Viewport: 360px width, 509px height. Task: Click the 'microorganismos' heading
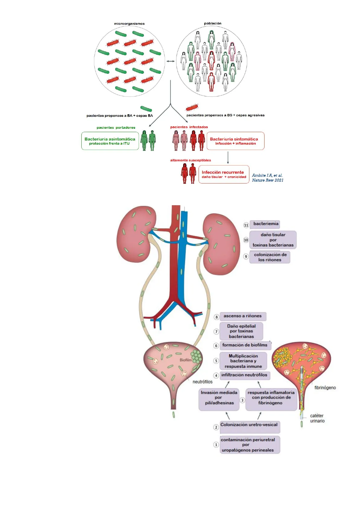[129, 24]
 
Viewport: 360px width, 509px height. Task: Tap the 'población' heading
[212, 23]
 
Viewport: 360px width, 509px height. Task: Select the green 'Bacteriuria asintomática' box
[110, 141]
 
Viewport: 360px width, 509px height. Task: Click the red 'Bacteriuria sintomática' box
[235, 141]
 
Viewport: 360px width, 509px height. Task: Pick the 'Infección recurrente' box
[224, 174]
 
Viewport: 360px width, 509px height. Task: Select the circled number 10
[246, 240]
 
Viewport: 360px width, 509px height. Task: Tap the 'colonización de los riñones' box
[270, 257]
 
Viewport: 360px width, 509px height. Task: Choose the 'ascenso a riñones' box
[243, 316]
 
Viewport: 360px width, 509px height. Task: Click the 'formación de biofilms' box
[245, 345]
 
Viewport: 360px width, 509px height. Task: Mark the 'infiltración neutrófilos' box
[244, 375]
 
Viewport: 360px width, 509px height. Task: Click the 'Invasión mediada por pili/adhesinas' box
[219, 398]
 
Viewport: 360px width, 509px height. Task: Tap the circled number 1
[216, 445]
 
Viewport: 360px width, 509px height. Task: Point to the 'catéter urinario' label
[317, 418]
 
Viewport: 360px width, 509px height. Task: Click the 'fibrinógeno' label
[325, 388]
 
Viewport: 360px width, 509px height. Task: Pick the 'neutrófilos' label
[203, 382]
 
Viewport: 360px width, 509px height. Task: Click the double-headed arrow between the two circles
[170, 61]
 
